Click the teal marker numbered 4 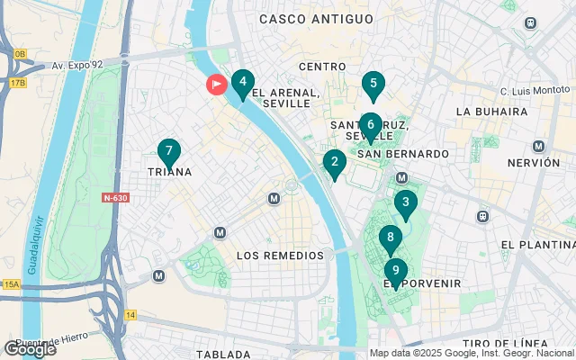[242, 83]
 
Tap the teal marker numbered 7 [168, 152]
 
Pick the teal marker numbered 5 [373, 85]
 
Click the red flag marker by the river [217, 85]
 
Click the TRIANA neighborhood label [169, 172]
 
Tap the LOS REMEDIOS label [279, 256]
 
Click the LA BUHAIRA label [491, 112]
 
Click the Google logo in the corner [29, 349]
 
